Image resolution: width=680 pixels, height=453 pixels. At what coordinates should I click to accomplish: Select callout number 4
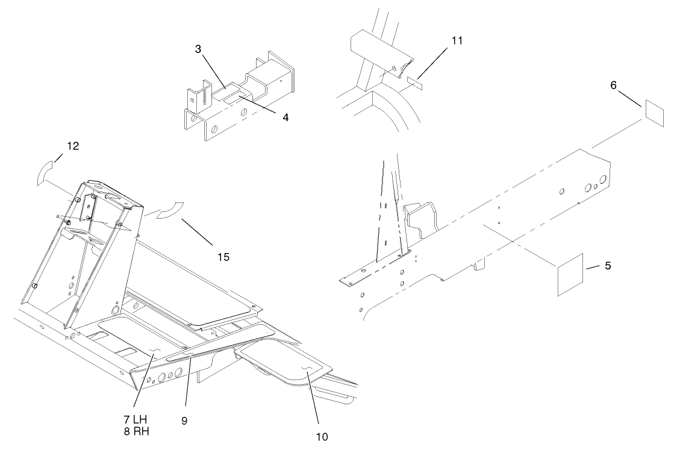coord(285,117)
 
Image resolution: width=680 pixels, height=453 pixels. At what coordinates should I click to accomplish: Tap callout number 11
coord(458,40)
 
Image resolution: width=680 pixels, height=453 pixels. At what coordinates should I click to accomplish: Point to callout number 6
coord(613,86)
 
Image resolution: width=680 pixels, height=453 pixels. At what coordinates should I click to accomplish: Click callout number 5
coord(607,265)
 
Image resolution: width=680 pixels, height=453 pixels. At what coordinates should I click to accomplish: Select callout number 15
coord(223,257)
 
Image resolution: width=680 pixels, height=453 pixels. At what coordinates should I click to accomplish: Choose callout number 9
coord(184,421)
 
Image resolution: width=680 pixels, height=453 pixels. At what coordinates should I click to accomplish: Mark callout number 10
coord(322,437)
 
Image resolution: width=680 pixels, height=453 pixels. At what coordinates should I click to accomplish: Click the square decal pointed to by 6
coord(654,113)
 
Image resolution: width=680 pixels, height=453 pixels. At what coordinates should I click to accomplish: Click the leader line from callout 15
coord(196,233)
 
